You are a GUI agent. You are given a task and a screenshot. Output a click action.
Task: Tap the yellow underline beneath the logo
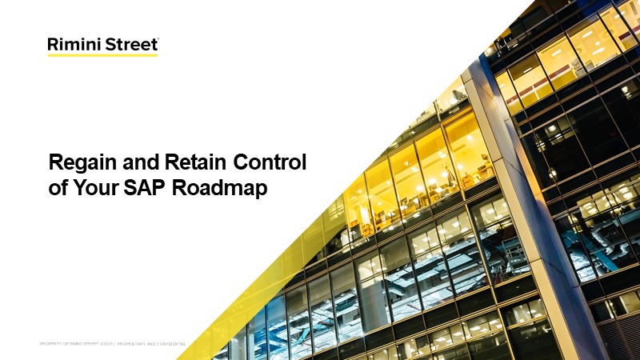(x=102, y=55)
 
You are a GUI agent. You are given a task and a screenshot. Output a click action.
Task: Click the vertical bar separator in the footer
(x=115, y=344)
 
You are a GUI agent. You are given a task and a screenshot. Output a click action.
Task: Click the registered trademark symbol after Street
(x=157, y=39)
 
